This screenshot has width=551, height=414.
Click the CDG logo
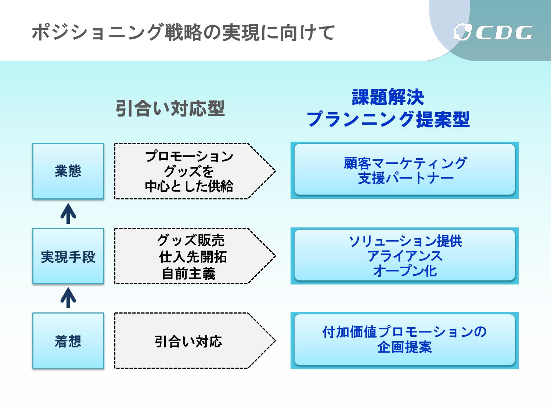[493, 32]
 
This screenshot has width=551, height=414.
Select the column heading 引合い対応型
[170, 108]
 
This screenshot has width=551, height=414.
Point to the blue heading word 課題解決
[388, 97]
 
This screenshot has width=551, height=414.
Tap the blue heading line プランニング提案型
[388, 119]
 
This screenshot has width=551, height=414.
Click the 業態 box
[68, 171]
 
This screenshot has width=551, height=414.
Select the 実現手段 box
[68, 256]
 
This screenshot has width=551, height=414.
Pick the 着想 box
[68, 341]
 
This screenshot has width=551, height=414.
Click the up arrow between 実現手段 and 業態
[68, 213]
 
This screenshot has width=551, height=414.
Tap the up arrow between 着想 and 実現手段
[68, 298]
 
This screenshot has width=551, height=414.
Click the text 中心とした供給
[189, 186]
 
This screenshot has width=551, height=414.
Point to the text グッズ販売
[191, 240]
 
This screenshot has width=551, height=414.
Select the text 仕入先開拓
[193, 256]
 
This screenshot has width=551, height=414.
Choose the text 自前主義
[188, 273]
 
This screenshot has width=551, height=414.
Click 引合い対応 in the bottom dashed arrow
[188, 342]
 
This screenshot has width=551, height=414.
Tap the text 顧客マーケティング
[405, 163]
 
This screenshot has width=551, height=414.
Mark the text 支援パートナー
[406, 178]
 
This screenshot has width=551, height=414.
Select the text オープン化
[405, 271]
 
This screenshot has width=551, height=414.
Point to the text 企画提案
[404, 347]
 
